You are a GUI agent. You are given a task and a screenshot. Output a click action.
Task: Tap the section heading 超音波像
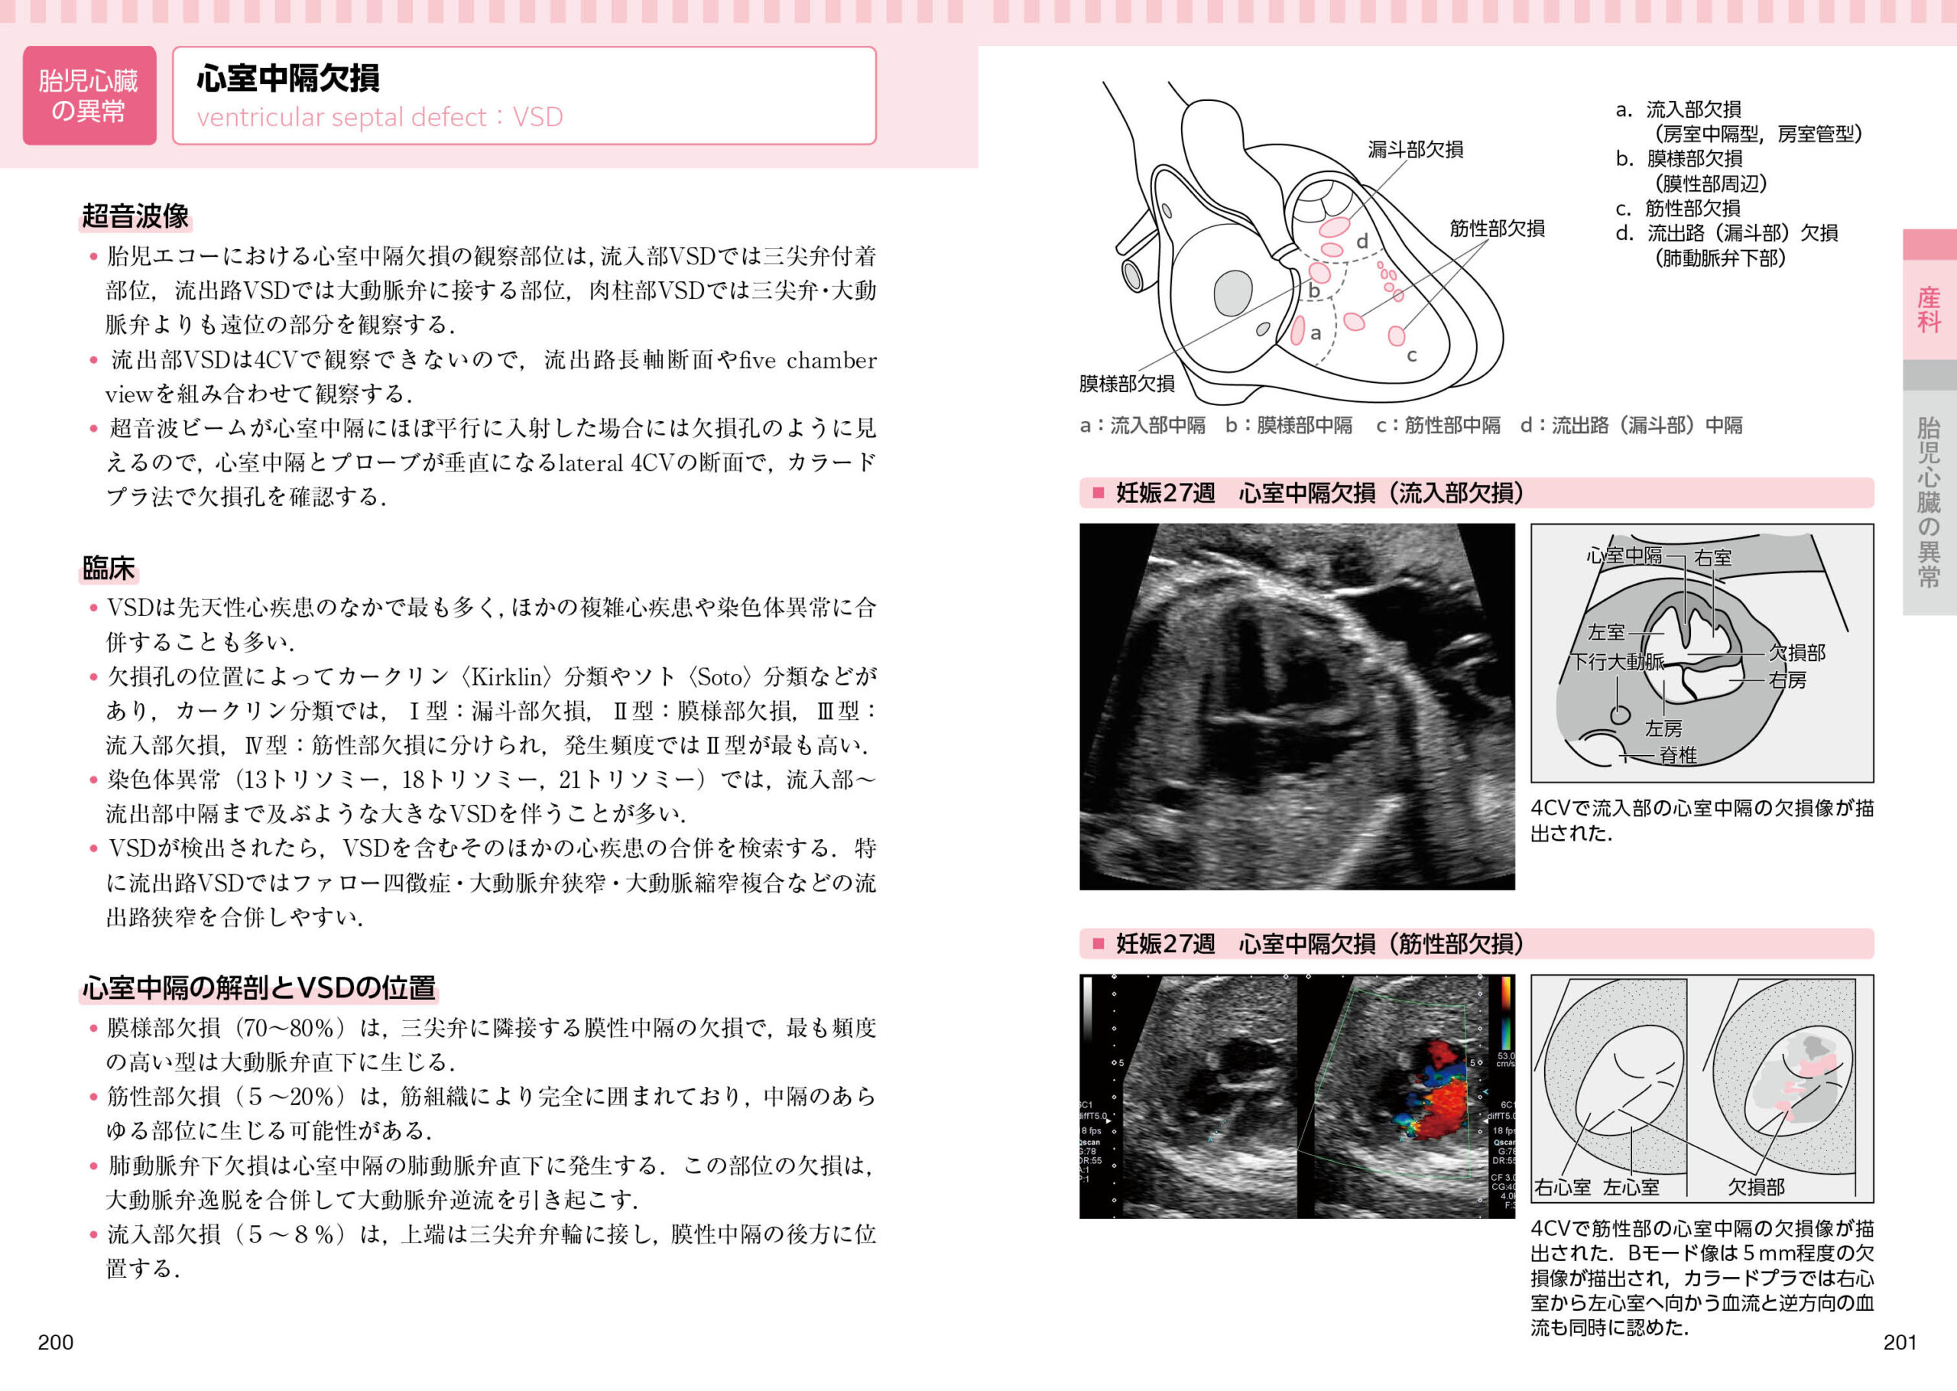135,216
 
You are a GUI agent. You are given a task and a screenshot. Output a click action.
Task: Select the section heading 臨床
108,568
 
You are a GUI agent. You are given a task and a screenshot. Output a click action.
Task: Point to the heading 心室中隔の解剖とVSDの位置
258,987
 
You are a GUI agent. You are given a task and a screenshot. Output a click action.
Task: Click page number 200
56,1342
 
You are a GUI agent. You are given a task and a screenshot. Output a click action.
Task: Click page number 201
1899,1342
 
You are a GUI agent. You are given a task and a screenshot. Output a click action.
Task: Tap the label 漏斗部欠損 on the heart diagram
1415,149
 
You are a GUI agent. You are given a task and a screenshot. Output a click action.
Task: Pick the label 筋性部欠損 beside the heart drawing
1497,228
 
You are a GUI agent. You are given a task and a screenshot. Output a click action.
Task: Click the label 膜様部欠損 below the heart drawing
1126,384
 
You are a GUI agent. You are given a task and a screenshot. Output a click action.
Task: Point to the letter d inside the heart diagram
1361,242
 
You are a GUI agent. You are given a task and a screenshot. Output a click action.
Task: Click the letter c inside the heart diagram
1411,355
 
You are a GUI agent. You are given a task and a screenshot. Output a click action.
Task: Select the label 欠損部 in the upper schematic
1796,653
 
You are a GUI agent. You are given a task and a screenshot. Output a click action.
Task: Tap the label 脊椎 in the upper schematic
1678,755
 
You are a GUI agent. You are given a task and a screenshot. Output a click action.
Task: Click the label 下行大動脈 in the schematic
1617,661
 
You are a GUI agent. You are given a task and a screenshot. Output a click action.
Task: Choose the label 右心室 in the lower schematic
1563,1187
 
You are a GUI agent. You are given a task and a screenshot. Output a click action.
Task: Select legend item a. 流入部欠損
1679,109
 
